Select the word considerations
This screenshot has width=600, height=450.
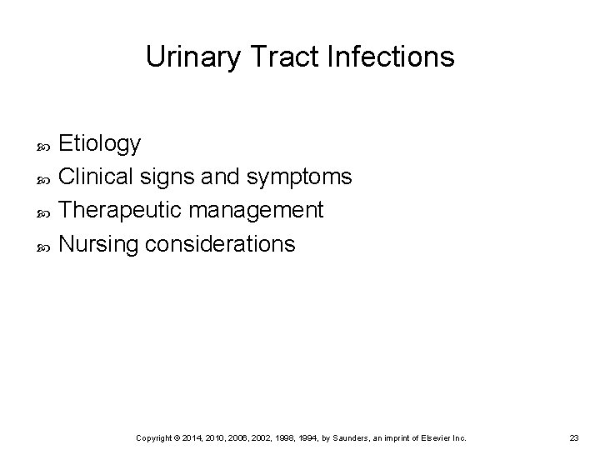click(219, 244)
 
